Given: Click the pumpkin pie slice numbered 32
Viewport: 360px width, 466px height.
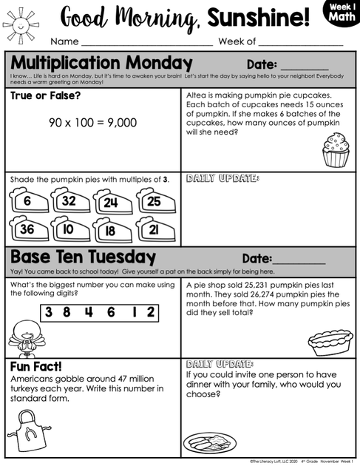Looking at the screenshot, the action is (x=69, y=200).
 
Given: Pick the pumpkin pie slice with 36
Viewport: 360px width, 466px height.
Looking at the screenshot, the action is (x=27, y=229).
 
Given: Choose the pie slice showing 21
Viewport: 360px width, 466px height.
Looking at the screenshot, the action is (x=153, y=229).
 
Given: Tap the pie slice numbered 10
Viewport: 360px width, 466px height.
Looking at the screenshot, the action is (x=69, y=229).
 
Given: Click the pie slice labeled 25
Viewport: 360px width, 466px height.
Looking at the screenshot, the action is (x=153, y=200).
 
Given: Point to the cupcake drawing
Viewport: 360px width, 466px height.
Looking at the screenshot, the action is (x=336, y=149).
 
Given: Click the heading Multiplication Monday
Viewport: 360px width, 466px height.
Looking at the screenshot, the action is (x=101, y=63).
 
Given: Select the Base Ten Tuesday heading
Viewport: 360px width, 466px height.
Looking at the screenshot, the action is (x=83, y=257).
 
